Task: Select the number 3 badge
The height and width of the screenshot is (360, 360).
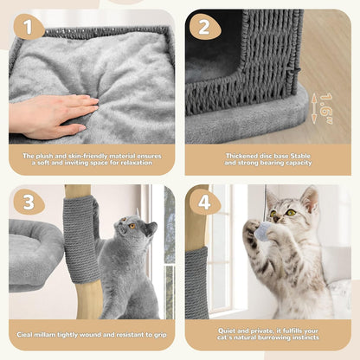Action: (x=29, y=202)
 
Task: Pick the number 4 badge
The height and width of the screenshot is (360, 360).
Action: (x=204, y=202)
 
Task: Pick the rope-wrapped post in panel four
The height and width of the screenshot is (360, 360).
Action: (x=196, y=281)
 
